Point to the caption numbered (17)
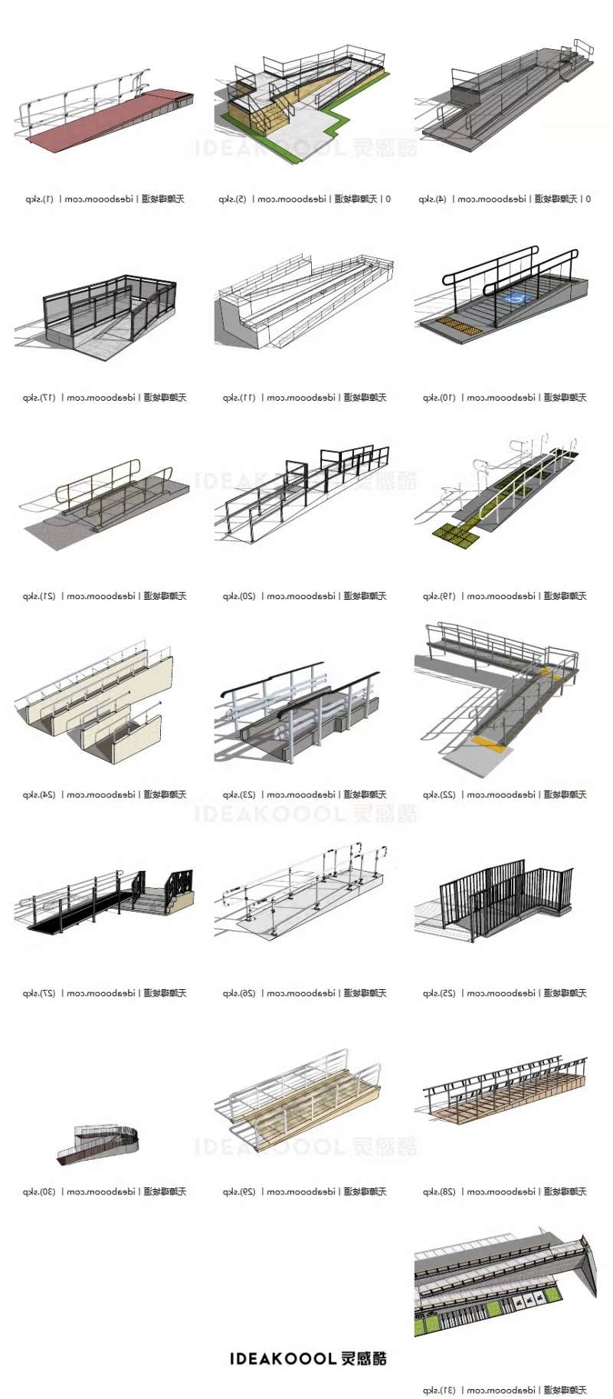104,398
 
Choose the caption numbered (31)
504,1390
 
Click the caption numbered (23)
304,795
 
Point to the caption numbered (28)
504,1191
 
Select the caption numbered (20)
304,596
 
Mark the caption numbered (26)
304,993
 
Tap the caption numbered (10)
504,398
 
